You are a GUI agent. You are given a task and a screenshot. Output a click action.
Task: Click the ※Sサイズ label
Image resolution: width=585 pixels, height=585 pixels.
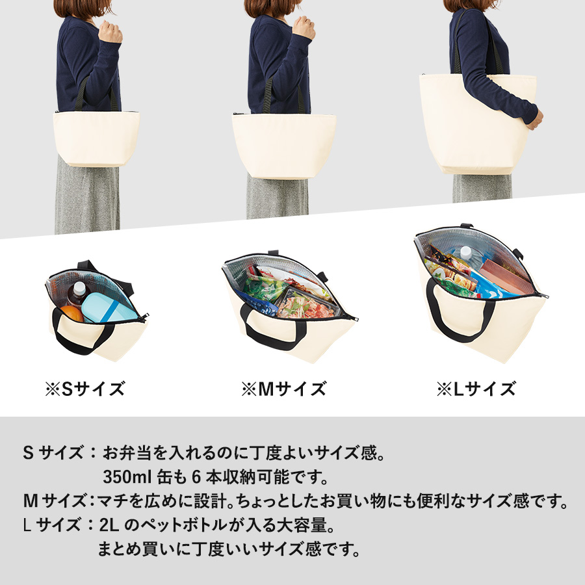tap(84, 389)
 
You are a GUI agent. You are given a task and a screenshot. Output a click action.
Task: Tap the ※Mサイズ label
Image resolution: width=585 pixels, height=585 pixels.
tap(284, 389)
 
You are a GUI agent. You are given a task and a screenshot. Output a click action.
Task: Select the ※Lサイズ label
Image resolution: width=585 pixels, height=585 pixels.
tap(476, 389)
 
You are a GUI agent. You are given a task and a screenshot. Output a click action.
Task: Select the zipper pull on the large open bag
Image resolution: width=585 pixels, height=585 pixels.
tap(543, 296)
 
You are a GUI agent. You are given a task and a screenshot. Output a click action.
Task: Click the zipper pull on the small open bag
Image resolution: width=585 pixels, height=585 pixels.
tap(143, 317)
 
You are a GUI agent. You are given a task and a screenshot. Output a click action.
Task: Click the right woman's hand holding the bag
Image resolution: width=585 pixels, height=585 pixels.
tap(536, 120)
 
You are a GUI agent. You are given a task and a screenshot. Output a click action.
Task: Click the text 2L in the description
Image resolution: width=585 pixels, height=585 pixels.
tap(109, 525)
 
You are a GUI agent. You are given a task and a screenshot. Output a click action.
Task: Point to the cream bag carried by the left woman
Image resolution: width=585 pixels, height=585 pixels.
tap(96, 138)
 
